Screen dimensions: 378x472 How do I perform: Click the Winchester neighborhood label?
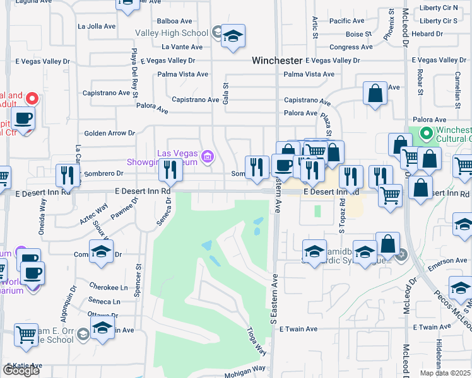pos(276,60)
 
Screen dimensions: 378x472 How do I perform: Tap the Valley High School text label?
pos(171,33)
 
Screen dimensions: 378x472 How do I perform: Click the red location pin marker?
pos(32,99)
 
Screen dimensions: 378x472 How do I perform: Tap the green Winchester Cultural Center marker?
pos(426,134)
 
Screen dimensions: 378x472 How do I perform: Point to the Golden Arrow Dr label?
pos(110,133)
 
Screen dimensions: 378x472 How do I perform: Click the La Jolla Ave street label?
pos(97,26)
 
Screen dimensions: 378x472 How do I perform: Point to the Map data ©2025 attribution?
pos(445,373)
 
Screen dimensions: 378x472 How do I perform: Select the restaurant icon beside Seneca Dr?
pos(169,170)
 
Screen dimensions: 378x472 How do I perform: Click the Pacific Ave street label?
pos(346,21)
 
